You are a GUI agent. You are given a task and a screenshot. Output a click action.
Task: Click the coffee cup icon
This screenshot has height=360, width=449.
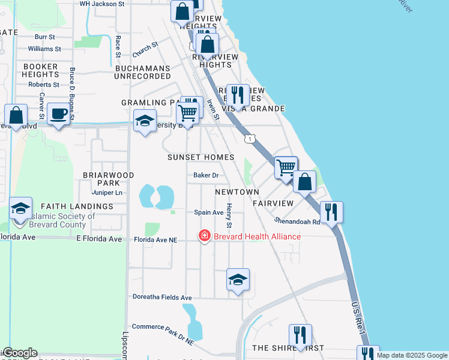58,113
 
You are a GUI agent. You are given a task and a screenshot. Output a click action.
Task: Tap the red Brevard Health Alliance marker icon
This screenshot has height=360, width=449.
205,236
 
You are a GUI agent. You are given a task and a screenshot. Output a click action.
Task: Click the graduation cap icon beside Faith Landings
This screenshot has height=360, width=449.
21,209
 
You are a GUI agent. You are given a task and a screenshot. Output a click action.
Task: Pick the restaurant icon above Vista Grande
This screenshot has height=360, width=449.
238,94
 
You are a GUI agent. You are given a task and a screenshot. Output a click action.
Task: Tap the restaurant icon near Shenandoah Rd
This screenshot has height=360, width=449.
331,212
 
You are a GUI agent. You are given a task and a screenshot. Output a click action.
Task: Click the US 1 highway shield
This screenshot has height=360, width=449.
249,139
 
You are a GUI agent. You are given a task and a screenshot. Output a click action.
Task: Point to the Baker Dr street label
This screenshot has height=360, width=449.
205,176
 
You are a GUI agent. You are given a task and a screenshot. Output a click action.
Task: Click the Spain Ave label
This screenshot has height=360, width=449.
208,212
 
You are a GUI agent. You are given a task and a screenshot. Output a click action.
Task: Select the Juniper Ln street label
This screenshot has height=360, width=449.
107,193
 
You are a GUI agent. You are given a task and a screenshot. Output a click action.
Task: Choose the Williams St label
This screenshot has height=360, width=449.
44,48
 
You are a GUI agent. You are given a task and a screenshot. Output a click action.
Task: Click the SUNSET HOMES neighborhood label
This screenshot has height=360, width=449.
200,157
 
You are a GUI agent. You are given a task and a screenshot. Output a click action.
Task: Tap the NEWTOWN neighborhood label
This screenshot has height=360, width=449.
237,192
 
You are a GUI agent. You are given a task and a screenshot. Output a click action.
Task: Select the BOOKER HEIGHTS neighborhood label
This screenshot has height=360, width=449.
40,70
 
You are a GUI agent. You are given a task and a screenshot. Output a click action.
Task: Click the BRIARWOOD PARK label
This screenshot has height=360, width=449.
109,179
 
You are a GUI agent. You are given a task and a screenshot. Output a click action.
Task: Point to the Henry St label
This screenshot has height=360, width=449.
229,216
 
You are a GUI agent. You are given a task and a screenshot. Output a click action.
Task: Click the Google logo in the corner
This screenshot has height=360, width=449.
19,353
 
